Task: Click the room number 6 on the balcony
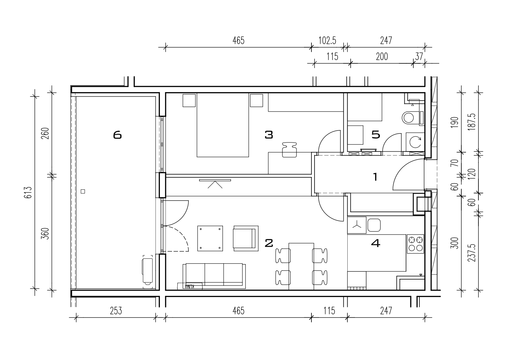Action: pyautogui.click(x=117, y=135)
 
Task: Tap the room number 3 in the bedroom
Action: pyautogui.click(x=269, y=135)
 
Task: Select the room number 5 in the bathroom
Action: pyautogui.click(x=376, y=135)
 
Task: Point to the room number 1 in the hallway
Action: pyautogui.click(x=375, y=177)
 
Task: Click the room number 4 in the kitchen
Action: pyautogui.click(x=375, y=243)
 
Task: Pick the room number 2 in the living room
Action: pyautogui.click(x=269, y=243)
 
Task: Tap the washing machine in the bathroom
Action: pyautogui.click(x=415, y=142)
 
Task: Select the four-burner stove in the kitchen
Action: pyautogui.click(x=415, y=244)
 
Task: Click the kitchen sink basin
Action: pyautogui.click(x=374, y=225)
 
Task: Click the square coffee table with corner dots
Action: pyautogui.click(x=210, y=238)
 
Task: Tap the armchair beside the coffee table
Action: pyautogui.click(x=246, y=238)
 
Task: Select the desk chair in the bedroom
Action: pyautogui.click(x=289, y=150)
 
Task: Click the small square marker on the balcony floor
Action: pyautogui.click(x=83, y=191)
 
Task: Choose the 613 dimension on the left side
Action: pyautogui.click(x=28, y=192)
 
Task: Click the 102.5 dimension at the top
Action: pyautogui.click(x=327, y=41)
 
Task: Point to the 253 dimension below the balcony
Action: pyautogui.click(x=116, y=311)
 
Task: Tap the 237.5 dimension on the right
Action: pyautogui.click(x=472, y=253)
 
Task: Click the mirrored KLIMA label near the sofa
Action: pyautogui.click(x=190, y=286)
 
